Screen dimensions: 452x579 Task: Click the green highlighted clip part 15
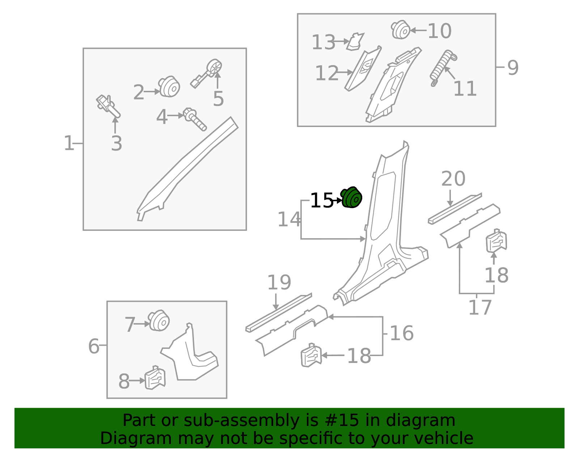pos(352,198)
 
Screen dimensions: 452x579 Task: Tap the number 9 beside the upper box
pos(513,68)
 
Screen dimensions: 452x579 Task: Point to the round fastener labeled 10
pos(401,30)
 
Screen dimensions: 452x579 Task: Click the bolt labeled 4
pos(195,119)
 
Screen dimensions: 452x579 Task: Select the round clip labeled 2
pos(169,87)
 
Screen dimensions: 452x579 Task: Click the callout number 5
pos(218,99)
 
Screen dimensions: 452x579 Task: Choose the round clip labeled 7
pos(159,321)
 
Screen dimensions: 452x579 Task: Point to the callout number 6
pos(94,346)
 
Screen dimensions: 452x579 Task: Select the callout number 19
pos(279,283)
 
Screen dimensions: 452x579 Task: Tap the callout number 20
pos(453,179)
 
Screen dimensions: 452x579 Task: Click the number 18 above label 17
pos(496,275)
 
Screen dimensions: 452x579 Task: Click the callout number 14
pos(289,219)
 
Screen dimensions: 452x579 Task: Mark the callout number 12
pos(326,73)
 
